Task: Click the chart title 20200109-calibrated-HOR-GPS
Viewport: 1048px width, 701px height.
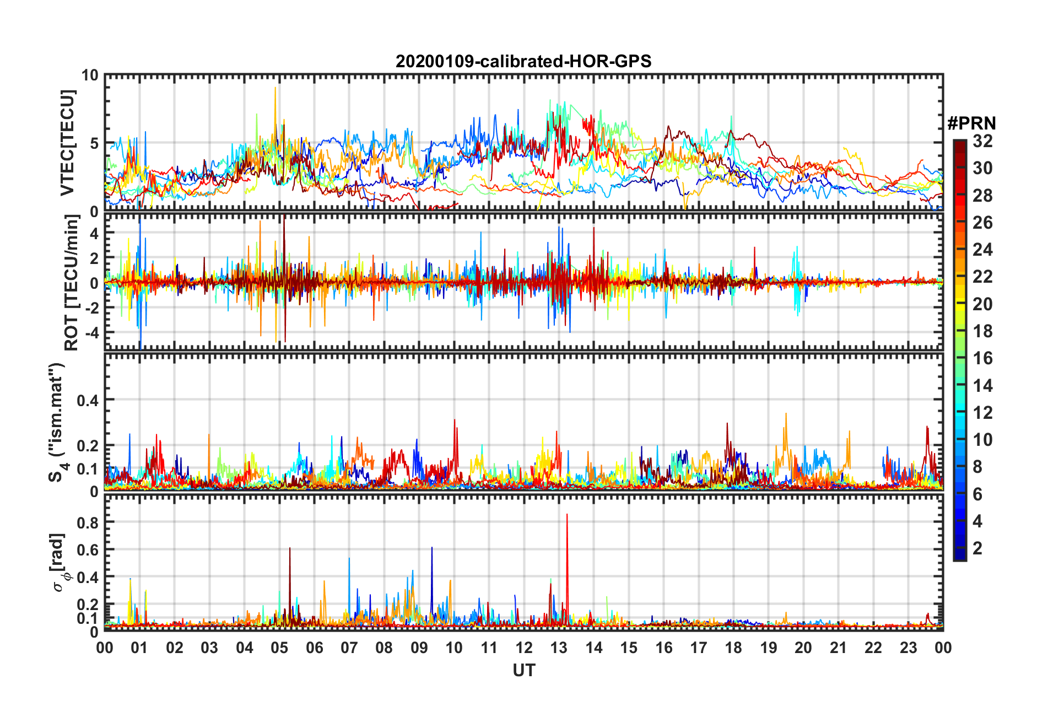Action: tap(523, 61)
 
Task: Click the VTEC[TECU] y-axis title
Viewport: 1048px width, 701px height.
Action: tap(67, 143)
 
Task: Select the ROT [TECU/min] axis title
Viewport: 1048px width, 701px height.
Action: tap(72, 283)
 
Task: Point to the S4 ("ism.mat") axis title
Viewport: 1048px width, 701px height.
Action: tap(57, 422)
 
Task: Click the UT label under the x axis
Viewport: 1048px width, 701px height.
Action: tap(523, 670)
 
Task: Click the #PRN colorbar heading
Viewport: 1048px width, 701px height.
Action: tap(971, 123)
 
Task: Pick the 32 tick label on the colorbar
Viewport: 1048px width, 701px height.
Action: tap(982, 141)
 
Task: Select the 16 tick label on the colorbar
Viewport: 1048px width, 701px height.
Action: tap(982, 358)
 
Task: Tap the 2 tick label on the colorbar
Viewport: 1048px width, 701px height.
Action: tap(977, 548)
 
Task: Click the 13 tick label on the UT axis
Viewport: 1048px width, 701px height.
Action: tap(559, 648)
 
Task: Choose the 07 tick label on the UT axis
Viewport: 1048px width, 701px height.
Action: tap(349, 648)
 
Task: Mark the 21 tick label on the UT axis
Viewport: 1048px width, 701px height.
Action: tap(838, 648)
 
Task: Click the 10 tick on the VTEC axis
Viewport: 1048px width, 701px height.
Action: tap(90, 76)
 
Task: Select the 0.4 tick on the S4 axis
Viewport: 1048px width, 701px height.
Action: tap(87, 400)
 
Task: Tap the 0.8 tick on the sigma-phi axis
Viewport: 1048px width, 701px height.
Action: tap(87, 522)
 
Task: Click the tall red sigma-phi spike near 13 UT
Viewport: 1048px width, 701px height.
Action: tap(567, 515)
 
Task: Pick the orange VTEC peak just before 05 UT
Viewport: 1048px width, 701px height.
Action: tap(275, 88)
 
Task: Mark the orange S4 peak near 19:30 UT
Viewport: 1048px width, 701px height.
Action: tap(786, 414)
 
